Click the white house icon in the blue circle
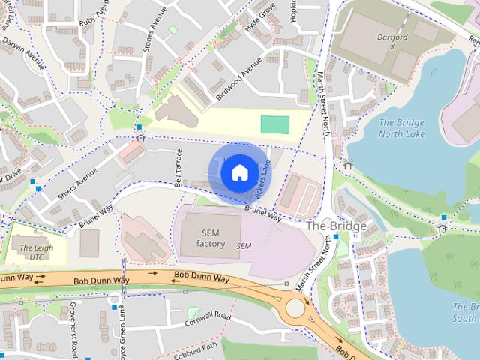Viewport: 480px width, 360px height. coord(239,172)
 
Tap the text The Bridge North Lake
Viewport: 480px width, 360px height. coord(401,128)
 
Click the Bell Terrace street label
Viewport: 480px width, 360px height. coord(178,167)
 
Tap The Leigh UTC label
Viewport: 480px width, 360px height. coord(36,252)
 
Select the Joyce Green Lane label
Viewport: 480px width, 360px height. coord(122,330)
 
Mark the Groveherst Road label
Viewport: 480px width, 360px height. coord(73,328)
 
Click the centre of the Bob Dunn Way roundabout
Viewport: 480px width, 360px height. coord(296,307)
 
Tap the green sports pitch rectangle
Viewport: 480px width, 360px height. coord(274,125)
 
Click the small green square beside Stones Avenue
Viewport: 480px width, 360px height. coord(173,29)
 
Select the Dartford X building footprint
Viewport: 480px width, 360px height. coord(390,45)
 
